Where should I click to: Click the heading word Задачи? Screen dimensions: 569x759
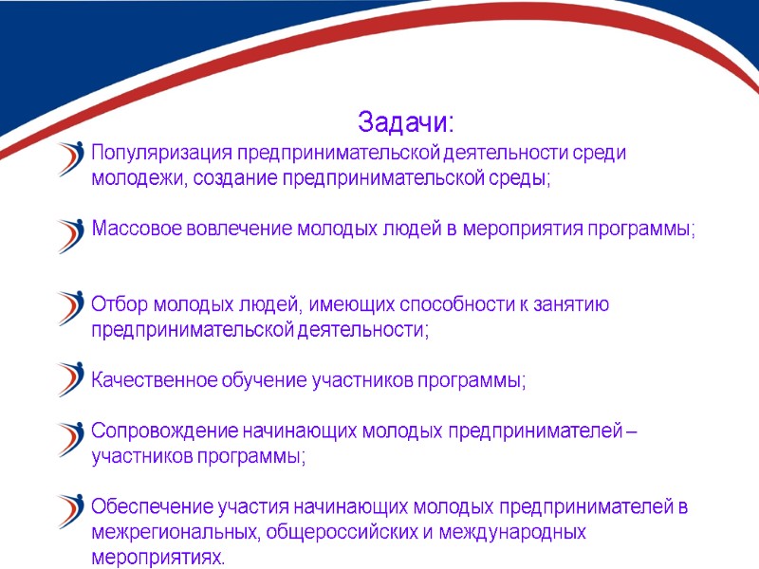(x=406, y=123)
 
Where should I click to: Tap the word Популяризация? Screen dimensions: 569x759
(x=161, y=154)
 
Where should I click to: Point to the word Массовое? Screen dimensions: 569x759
(x=133, y=230)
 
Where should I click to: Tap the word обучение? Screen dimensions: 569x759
(x=267, y=381)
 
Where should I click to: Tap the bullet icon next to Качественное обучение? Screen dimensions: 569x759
(x=70, y=379)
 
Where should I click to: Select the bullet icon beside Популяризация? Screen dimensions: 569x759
(x=70, y=158)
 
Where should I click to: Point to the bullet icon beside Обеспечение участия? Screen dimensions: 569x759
(x=70, y=512)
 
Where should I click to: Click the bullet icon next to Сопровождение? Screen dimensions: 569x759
(x=70, y=439)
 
